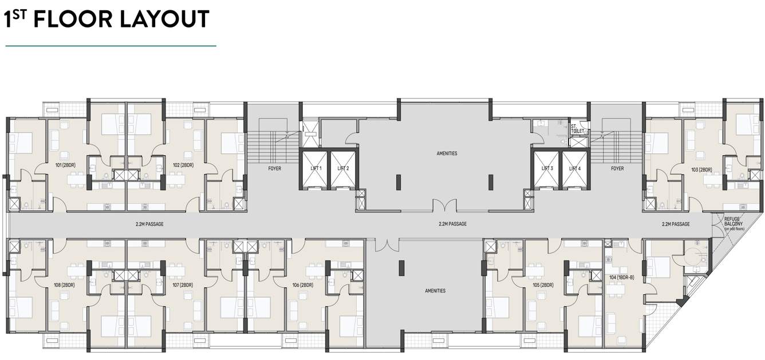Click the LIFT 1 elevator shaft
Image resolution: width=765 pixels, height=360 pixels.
(x=316, y=168)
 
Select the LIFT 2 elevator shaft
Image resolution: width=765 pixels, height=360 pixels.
(x=343, y=168)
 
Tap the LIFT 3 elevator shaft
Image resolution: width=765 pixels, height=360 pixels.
(x=547, y=168)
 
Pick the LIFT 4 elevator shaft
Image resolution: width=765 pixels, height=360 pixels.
(x=575, y=168)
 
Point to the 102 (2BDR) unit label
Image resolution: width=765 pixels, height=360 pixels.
(x=183, y=165)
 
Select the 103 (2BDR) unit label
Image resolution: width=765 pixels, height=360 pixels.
(x=701, y=169)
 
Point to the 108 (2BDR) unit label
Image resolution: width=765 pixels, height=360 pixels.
(x=64, y=285)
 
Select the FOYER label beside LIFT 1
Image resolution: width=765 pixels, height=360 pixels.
(x=274, y=169)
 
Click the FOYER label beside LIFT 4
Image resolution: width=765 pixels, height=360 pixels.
(x=617, y=169)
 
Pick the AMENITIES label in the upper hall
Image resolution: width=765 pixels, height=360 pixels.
(x=447, y=153)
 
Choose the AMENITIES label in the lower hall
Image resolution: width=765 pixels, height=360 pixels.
(x=435, y=291)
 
